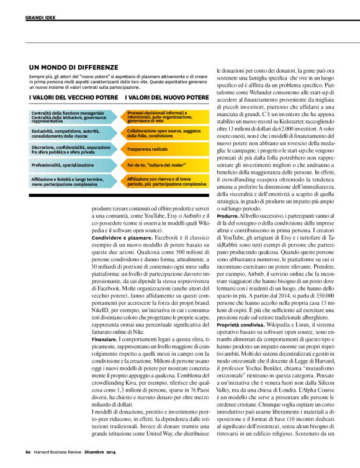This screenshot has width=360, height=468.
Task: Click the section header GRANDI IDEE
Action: coord(40,17)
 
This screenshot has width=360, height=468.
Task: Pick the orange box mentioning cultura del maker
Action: coord(151,166)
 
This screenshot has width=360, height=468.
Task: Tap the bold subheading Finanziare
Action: coord(104,340)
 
